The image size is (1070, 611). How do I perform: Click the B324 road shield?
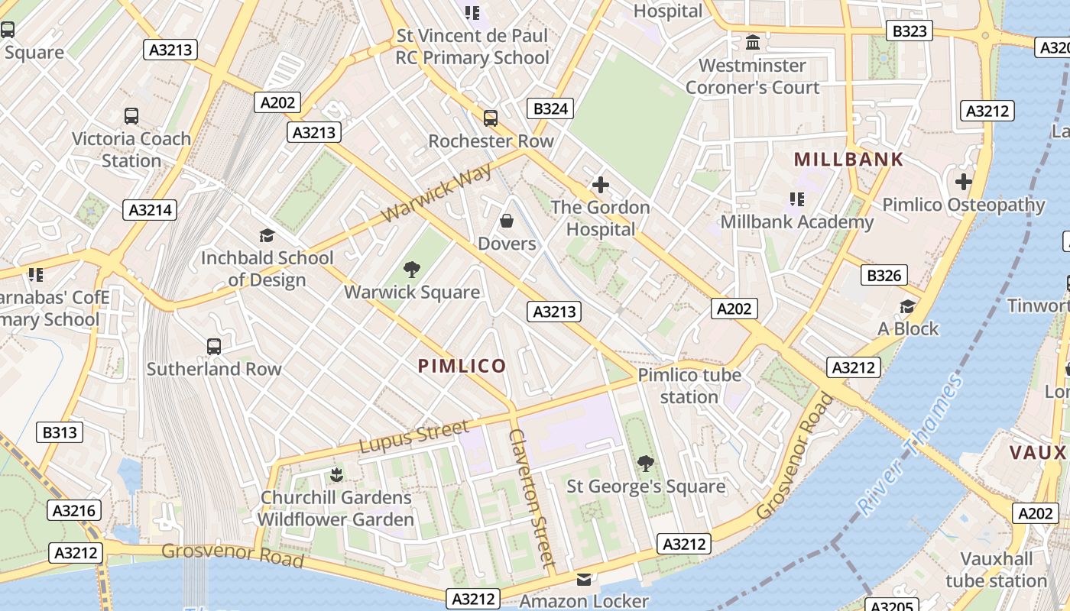pos(550,108)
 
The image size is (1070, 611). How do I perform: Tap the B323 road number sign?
pos(909,31)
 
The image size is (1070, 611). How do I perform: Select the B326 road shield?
pos(884,275)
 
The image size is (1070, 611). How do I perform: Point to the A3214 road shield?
pos(150,210)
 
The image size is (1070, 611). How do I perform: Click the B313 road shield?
pos(60,432)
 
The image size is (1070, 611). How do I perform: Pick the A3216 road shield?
pos(73,510)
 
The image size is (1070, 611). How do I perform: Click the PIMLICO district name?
pos(462,366)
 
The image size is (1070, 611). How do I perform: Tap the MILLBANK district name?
pos(848,160)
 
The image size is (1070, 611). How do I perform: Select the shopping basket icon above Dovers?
pos(506,221)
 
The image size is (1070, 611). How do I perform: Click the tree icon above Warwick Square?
pos(412,269)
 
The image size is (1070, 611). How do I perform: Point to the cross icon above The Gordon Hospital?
pos(601,184)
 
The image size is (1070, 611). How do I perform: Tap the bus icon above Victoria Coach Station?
pos(131,116)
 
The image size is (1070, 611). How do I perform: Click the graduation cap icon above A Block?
pos(907,306)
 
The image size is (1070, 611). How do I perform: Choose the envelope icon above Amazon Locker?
pos(584,579)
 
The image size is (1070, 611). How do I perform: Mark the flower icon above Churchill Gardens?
pos(336,475)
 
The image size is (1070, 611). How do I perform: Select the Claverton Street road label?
pos(532,498)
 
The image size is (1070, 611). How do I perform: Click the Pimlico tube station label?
pos(689,386)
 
